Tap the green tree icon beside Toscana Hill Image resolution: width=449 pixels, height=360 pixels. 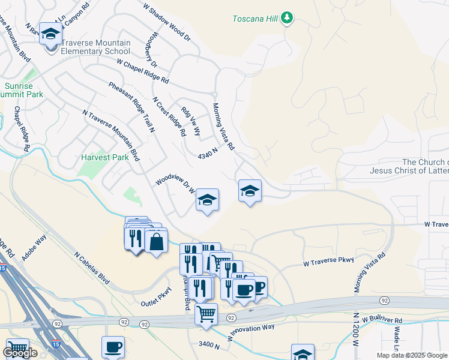click(288, 18)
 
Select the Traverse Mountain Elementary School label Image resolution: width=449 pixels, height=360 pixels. click(96, 47)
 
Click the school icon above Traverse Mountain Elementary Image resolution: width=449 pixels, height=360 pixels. click(51, 34)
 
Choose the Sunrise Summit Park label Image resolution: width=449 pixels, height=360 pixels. click(23, 90)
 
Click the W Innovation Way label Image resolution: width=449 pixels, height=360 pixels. click(250, 332)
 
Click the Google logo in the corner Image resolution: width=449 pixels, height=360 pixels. click(20, 353)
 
